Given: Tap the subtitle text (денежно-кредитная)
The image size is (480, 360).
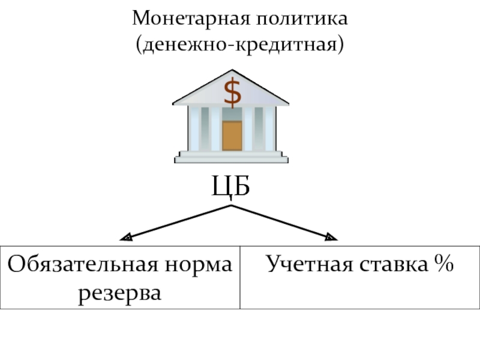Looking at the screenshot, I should (x=240, y=44).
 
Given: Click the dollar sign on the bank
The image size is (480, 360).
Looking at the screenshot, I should (x=232, y=92).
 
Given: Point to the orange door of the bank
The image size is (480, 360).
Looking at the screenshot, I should (x=232, y=135).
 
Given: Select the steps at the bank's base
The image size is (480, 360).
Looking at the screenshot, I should (x=231, y=157).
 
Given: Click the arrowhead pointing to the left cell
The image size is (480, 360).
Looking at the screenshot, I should (x=125, y=238).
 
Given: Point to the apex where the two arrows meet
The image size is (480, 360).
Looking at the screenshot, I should (x=231, y=206).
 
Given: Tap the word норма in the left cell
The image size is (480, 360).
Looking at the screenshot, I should (x=203, y=264).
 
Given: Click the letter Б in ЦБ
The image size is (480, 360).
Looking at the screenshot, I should (x=240, y=186).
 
